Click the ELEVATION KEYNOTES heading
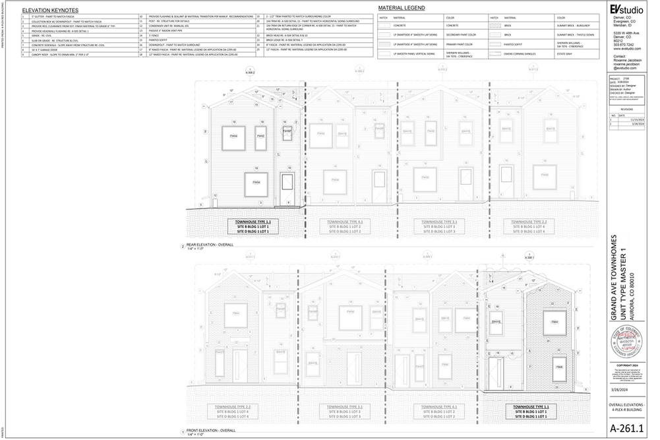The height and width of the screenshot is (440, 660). click(x=51, y=11)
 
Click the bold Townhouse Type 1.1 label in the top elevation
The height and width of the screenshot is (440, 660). click(x=253, y=222)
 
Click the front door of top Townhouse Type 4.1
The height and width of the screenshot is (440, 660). click(x=378, y=186)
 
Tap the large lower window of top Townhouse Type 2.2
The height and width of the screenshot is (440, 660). click(x=545, y=176)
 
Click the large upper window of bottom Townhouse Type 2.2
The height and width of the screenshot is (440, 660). click(x=235, y=315)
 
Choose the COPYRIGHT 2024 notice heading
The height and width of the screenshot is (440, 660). click(x=626, y=365)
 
